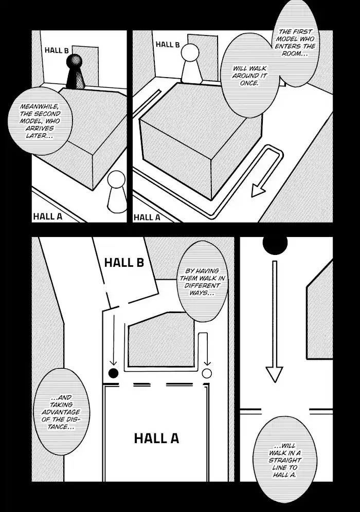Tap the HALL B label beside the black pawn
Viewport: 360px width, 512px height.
(x=57, y=50)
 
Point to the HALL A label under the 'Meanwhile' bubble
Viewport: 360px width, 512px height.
(x=47, y=216)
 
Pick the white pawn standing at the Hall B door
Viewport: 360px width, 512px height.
(x=191, y=64)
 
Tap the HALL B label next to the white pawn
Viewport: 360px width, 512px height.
(x=168, y=45)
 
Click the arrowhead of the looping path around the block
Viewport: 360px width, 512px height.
(x=258, y=191)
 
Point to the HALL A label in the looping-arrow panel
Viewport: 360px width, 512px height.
(x=147, y=217)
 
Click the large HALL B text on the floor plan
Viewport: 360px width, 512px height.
(x=124, y=262)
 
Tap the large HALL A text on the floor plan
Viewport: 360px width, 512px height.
(x=156, y=438)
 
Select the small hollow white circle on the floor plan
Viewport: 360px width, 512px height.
(x=207, y=373)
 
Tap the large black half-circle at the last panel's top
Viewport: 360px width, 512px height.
(x=275, y=245)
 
